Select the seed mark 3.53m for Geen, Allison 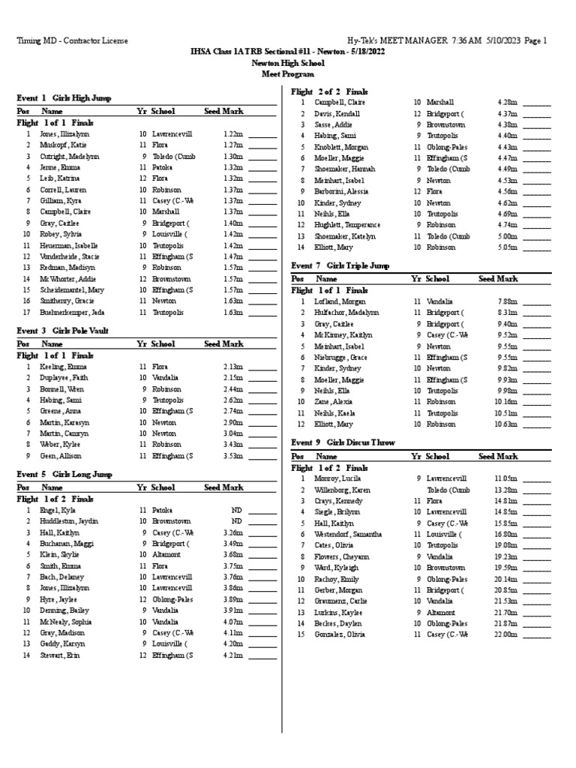[x=232, y=455]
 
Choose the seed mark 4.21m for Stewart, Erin [x=232, y=655]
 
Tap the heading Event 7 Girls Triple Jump [x=340, y=265]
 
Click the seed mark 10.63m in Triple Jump [x=505, y=424]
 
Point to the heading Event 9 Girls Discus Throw [x=343, y=442]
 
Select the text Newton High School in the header [x=288, y=65]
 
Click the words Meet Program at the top [x=288, y=75]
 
